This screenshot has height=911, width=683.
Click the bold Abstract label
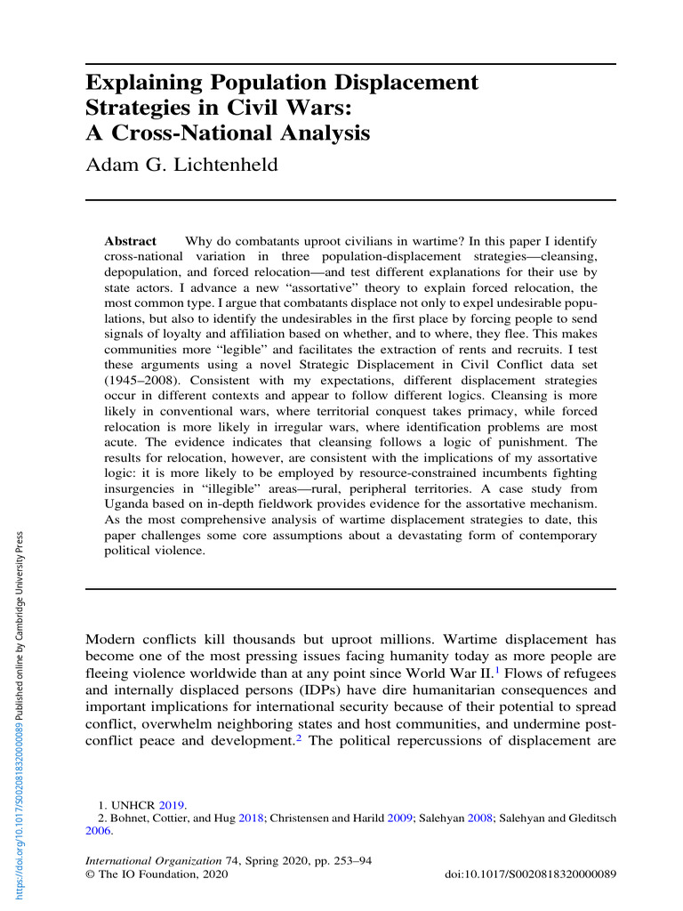[130, 241]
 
